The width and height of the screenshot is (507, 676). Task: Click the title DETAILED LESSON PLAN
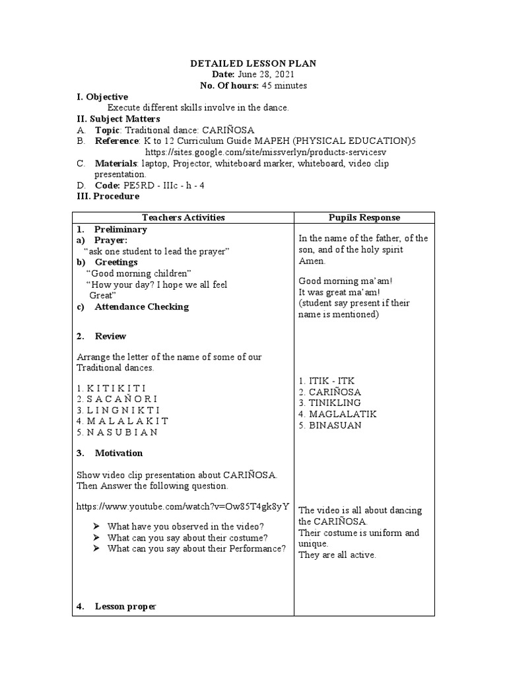(x=253, y=63)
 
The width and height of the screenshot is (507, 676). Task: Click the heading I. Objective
(x=102, y=96)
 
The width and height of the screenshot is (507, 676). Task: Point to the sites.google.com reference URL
(x=254, y=152)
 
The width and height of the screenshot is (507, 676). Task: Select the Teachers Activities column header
(x=183, y=217)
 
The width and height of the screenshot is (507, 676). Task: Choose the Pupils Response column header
(x=364, y=217)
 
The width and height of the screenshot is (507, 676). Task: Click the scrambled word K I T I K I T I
(x=112, y=388)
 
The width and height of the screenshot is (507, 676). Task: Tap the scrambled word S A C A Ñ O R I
(x=117, y=399)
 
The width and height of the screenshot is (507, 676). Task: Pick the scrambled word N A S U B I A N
(x=118, y=432)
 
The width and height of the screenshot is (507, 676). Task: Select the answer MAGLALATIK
(x=337, y=414)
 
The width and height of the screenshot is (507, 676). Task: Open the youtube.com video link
(x=183, y=507)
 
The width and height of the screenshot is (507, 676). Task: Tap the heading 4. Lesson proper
(x=125, y=606)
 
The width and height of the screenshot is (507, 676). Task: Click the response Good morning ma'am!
(x=336, y=281)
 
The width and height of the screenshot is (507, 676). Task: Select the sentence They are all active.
(x=337, y=555)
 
